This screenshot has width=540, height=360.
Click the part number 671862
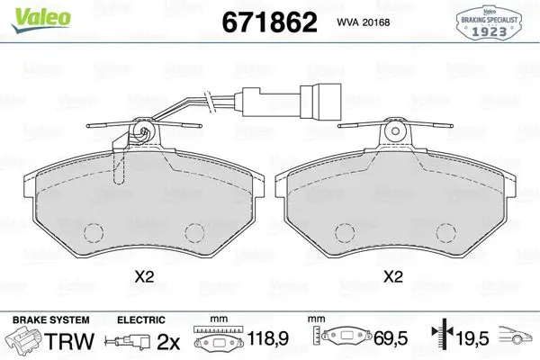[269, 22]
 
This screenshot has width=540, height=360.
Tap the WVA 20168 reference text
[364, 22]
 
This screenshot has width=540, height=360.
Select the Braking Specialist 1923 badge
[489, 23]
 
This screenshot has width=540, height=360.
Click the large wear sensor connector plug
[320, 101]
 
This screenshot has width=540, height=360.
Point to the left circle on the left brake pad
[94, 233]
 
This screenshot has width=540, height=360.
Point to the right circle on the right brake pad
[446, 233]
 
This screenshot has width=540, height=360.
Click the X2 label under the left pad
[144, 276]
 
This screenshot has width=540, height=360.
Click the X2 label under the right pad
[393, 276]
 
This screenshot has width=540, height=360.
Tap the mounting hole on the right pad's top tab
[395, 131]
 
